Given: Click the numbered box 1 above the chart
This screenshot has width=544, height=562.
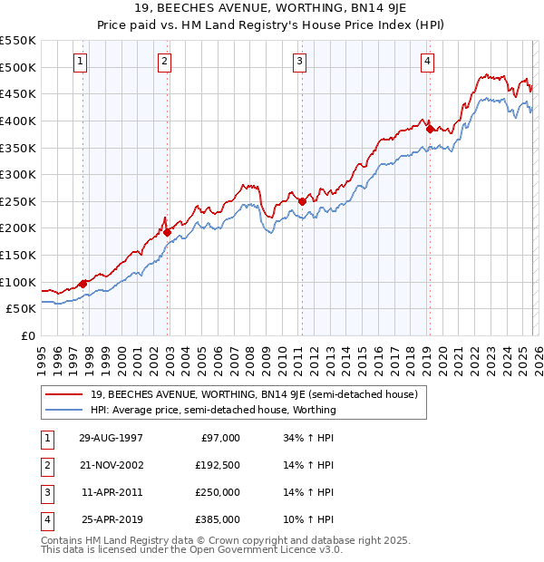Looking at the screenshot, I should point(81,62).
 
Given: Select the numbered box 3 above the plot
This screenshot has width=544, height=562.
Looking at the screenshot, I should point(299,62).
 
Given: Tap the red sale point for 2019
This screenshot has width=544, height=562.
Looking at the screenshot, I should point(430,129).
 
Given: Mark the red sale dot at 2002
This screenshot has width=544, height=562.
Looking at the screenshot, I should point(168,232).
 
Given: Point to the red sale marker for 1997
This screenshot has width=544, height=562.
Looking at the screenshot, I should point(83,284).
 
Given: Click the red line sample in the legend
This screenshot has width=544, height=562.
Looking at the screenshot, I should point(65,394).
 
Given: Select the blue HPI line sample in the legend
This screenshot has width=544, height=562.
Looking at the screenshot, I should point(65,410).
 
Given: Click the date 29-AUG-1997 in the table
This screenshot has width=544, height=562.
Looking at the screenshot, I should point(111,438).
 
